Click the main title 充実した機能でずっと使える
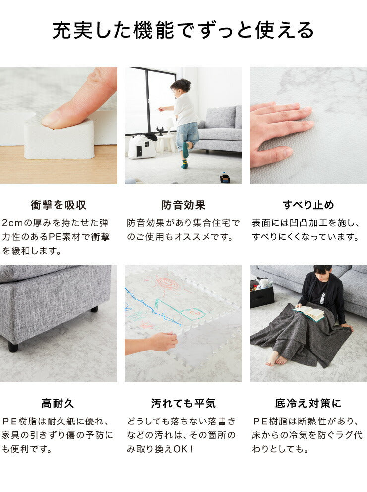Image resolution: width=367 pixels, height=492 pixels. click(x=183, y=30)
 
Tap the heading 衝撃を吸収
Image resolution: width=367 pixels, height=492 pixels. click(x=59, y=205)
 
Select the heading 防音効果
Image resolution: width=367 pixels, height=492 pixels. click(x=183, y=205)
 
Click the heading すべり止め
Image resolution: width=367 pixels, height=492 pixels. click(x=308, y=205)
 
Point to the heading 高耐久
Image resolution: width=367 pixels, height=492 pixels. click(x=58, y=403)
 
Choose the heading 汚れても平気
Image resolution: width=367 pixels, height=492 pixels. click(x=183, y=403)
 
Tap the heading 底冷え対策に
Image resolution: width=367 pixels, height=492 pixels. click(x=308, y=403)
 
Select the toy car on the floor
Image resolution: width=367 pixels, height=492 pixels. click(x=225, y=177)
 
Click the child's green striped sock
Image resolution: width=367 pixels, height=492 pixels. click(x=185, y=162)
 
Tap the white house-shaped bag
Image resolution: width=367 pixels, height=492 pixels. click(x=143, y=146)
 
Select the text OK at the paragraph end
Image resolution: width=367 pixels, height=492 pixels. click(x=180, y=449)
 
